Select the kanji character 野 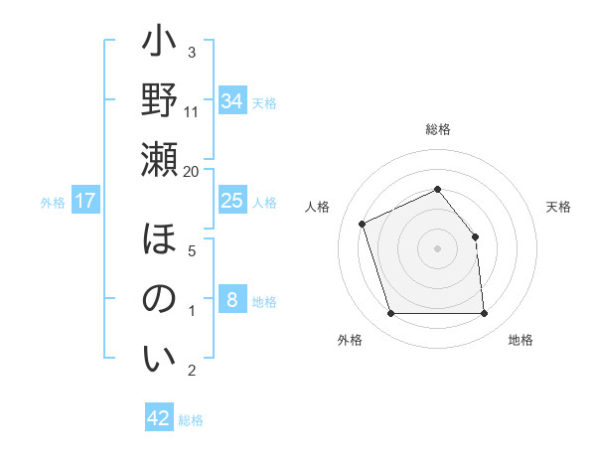pyautogui.click(x=159, y=101)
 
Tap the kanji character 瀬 pyautogui.click(x=159, y=159)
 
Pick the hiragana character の pyautogui.click(x=159, y=301)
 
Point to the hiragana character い pyautogui.click(x=159, y=359)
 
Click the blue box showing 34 pyautogui.click(x=231, y=101)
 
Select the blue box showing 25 pyautogui.click(x=231, y=201)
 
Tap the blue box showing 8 pyautogui.click(x=231, y=300)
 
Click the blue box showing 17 pyautogui.click(x=85, y=202)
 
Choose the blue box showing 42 pyautogui.click(x=159, y=418)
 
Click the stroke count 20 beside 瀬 pyautogui.click(x=192, y=171)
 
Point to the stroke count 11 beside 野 pyautogui.click(x=192, y=111)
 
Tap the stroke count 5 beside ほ pyautogui.click(x=192, y=251)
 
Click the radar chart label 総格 pyautogui.click(x=438, y=129)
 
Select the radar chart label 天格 pyautogui.click(x=559, y=207)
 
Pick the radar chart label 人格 pyautogui.click(x=318, y=207)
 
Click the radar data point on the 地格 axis pyautogui.click(x=485, y=314)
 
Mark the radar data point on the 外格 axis pyautogui.click(x=390, y=314)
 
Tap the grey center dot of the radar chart pyautogui.click(x=438, y=247)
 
